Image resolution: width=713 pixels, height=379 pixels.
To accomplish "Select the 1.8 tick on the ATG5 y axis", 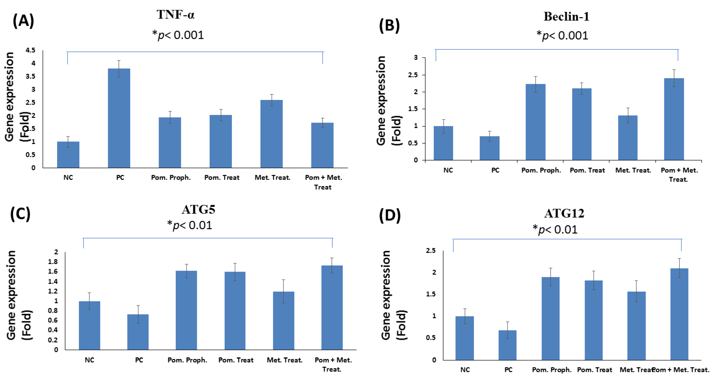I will tap(53, 262).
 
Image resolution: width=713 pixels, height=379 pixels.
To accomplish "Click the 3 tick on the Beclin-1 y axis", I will tap(416, 58).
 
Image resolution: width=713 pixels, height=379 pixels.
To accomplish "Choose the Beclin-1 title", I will tap(566, 17).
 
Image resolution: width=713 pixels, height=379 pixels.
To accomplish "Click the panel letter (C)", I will tap(20, 214).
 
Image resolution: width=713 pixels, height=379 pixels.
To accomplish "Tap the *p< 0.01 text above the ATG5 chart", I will tap(190, 225).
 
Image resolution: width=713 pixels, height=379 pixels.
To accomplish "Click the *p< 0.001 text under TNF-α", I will tap(178, 35).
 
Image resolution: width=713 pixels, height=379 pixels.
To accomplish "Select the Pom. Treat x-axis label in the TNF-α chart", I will tap(222, 178).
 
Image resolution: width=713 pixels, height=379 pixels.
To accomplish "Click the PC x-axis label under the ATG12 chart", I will tap(508, 370).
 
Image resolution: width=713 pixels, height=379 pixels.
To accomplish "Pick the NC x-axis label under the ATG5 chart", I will tap(89, 360).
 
